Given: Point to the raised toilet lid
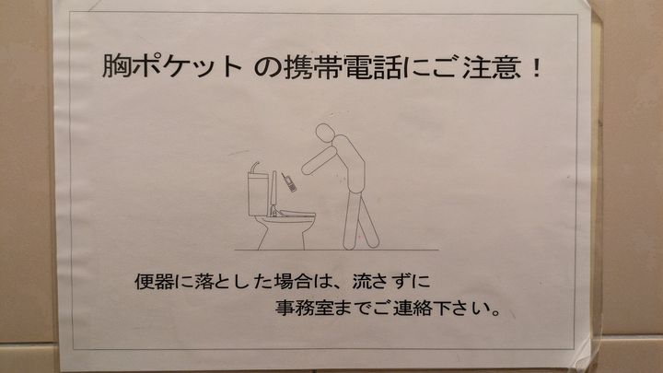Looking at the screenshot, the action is [274, 192].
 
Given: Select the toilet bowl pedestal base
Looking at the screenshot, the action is [282, 234].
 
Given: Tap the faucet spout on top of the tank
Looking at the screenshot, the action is [254, 168].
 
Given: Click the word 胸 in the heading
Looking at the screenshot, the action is [116, 66].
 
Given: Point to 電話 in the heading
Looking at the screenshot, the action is [372, 67].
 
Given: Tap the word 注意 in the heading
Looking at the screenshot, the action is [492, 67].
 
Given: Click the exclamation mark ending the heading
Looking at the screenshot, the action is [537, 68].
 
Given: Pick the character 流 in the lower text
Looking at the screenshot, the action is [363, 282].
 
